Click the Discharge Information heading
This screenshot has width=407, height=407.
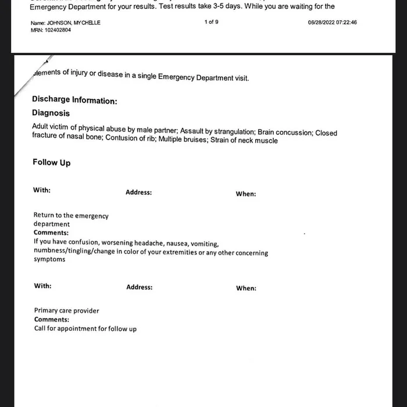pyautogui.click(x=74, y=100)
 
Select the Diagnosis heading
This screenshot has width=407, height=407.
pyautogui.click(x=51, y=113)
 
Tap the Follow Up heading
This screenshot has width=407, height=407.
pyautogui.click(x=51, y=162)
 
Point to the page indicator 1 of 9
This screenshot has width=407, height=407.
pyautogui.click(x=212, y=22)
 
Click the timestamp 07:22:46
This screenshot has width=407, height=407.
pyautogui.click(x=345, y=23)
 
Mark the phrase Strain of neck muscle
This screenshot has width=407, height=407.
pyautogui.click(x=243, y=140)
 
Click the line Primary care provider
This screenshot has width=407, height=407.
pyautogui.click(x=66, y=310)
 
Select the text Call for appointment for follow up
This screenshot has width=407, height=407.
pyautogui.click(x=85, y=329)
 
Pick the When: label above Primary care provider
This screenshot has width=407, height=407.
pyautogui.click(x=246, y=288)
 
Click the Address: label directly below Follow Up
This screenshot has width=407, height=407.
pyautogui.click(x=138, y=192)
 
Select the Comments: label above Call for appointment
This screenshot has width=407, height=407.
pyautogui.click(x=51, y=319)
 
